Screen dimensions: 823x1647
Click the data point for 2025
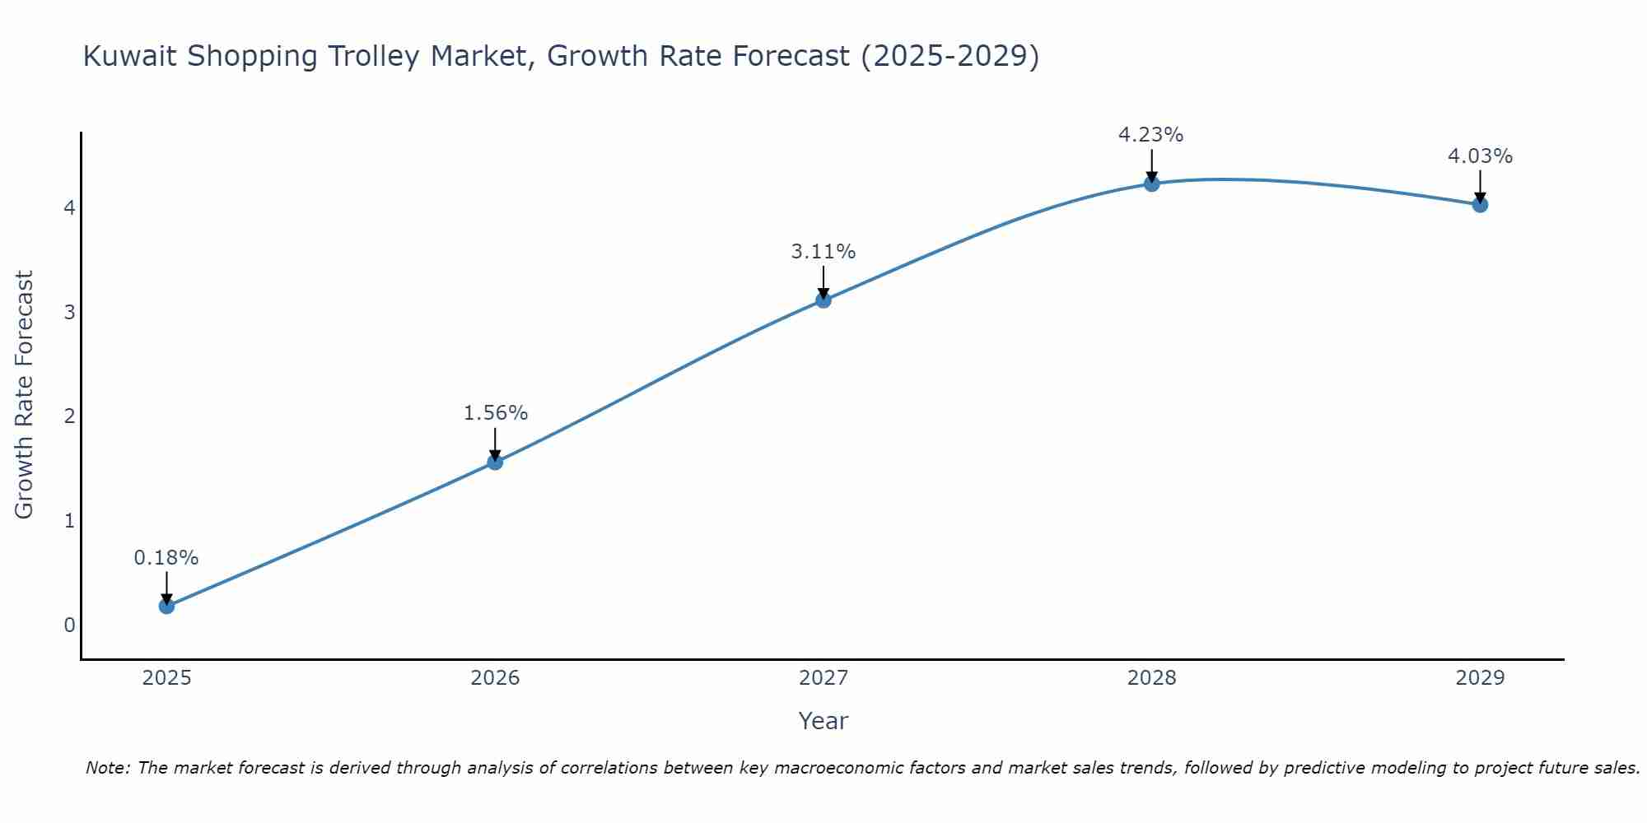point(166,606)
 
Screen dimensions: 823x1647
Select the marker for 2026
point(495,462)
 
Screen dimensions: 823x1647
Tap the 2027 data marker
point(823,300)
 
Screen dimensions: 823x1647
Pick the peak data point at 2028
point(1152,184)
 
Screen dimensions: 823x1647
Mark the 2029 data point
point(1480,204)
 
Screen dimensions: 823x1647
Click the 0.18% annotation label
point(166,558)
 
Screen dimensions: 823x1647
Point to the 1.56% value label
point(495,413)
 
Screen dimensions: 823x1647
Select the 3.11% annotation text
point(823,252)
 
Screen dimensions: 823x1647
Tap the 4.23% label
point(1150,135)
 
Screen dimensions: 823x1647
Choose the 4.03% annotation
point(1480,156)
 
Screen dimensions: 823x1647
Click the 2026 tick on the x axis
point(495,678)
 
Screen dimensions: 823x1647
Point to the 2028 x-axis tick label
point(1152,678)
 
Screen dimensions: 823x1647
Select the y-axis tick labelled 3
point(69,312)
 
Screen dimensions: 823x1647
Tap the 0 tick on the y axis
point(69,625)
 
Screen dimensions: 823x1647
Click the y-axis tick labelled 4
point(69,207)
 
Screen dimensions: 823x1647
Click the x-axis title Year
point(823,721)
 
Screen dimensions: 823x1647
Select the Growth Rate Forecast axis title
point(25,395)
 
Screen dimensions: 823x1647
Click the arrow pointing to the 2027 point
point(823,281)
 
